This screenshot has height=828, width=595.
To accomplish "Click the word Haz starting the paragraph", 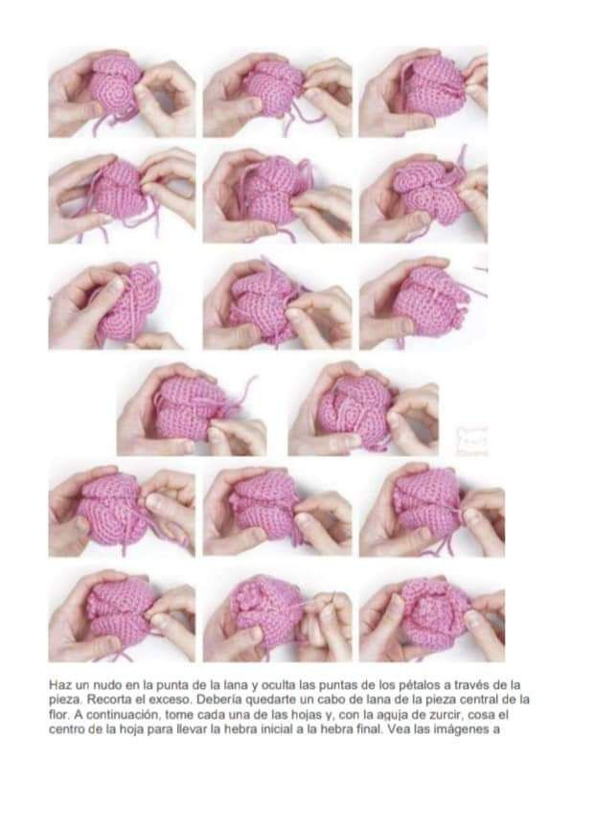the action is [58, 685].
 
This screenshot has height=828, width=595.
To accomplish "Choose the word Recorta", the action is [107, 700].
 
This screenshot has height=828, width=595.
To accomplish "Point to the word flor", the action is [58, 715].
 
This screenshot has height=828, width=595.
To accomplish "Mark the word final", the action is [364, 730].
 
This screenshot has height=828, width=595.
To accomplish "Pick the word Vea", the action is [391, 730].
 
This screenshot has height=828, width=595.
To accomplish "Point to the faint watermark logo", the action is [471, 441].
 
